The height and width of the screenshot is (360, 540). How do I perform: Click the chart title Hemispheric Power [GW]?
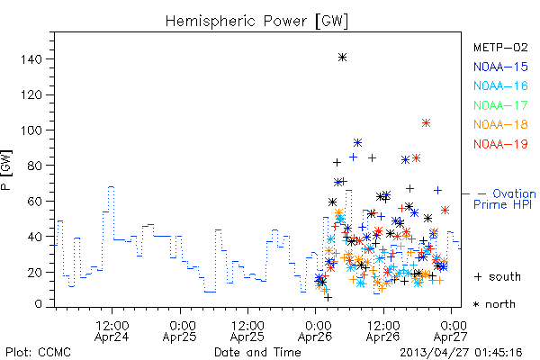click(256, 22)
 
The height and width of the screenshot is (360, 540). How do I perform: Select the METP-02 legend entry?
click(500, 47)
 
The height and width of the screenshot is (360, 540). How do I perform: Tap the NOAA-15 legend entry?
click(500, 67)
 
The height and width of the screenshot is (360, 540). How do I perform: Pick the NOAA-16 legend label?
click(500, 85)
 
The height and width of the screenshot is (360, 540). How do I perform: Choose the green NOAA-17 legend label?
click(500, 105)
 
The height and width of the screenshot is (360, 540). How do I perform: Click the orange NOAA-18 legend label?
click(500, 124)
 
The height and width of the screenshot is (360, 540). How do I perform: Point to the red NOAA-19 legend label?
click(500, 144)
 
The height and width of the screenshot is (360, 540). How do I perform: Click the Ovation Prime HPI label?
click(504, 199)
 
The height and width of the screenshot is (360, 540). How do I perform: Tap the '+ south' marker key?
click(498, 276)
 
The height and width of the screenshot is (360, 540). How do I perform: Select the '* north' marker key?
click(494, 304)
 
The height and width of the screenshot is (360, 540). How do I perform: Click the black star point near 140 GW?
click(342, 58)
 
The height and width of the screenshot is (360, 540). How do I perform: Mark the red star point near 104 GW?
click(426, 123)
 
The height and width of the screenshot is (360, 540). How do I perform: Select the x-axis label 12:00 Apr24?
click(112, 331)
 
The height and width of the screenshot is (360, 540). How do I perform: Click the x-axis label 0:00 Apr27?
click(451, 331)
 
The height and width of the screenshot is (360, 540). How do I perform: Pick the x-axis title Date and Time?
click(257, 353)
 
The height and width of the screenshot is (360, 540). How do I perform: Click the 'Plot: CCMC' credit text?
click(38, 353)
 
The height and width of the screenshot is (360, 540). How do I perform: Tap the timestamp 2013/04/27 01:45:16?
click(461, 353)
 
